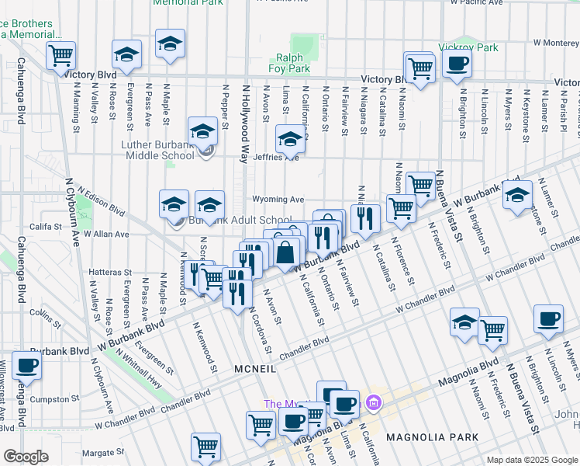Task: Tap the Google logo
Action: point(26,457)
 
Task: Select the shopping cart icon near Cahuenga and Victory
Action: point(60,56)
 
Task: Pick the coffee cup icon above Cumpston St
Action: point(27,366)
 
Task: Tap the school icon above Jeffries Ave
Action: point(291,141)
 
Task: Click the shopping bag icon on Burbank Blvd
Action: point(285,252)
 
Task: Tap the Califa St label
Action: point(46,226)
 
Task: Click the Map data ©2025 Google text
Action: point(532,460)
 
